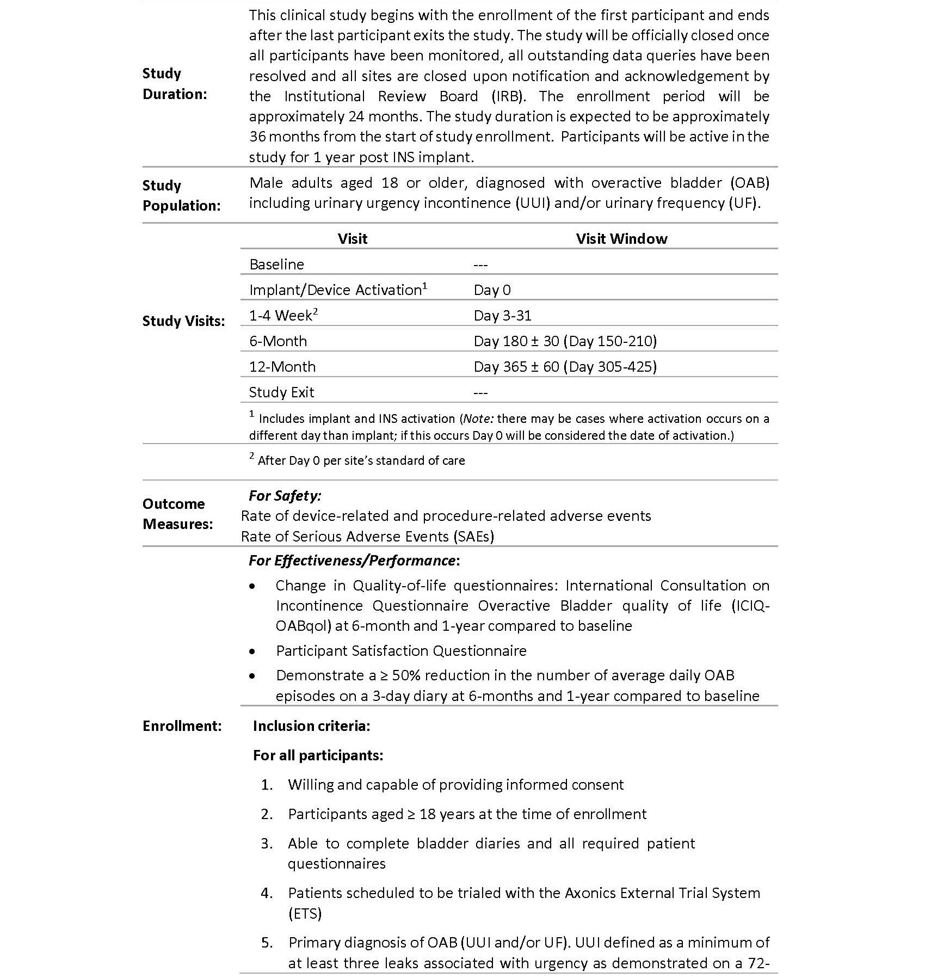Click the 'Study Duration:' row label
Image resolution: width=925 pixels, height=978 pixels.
174,84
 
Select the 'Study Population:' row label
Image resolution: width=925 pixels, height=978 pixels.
181,195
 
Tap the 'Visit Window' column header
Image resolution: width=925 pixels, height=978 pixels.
621,238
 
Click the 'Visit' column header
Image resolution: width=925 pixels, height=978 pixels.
352,238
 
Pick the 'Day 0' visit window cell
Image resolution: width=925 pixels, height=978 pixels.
492,290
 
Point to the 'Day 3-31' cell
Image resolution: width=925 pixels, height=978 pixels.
502,316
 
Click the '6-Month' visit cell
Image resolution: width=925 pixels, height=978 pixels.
278,341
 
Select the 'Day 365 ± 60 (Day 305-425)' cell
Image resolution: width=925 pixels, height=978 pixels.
565,367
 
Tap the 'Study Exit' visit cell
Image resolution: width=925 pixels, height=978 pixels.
281,392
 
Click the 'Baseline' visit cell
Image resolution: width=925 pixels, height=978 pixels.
276,265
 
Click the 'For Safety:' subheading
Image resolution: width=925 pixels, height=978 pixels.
285,496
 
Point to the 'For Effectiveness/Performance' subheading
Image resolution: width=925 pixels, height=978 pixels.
353,561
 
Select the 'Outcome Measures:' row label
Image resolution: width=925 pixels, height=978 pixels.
177,514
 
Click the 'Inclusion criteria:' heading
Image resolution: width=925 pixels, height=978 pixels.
311,726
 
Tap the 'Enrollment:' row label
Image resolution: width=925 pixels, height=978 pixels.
182,726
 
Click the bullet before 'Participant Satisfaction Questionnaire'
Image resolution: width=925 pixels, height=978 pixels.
252,651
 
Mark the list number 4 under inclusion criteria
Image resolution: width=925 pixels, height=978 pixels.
267,893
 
